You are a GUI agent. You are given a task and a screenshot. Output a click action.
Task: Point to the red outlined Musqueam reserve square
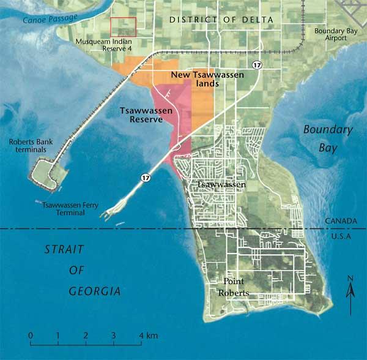(x=123, y=26)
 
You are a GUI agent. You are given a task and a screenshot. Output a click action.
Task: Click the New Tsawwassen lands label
(x=207, y=78)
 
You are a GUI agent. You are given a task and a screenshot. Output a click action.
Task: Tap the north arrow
(x=349, y=294)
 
